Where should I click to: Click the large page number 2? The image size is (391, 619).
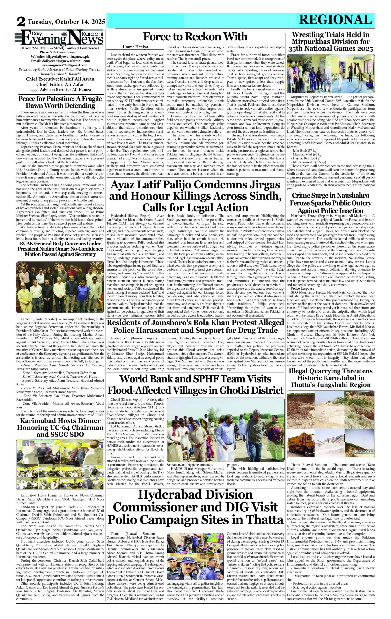(21, 22)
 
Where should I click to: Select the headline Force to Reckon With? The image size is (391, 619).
(195, 37)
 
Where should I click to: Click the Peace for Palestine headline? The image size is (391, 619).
(60, 102)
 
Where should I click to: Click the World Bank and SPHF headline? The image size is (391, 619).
(195, 384)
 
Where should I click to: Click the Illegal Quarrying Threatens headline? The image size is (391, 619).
(330, 378)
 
